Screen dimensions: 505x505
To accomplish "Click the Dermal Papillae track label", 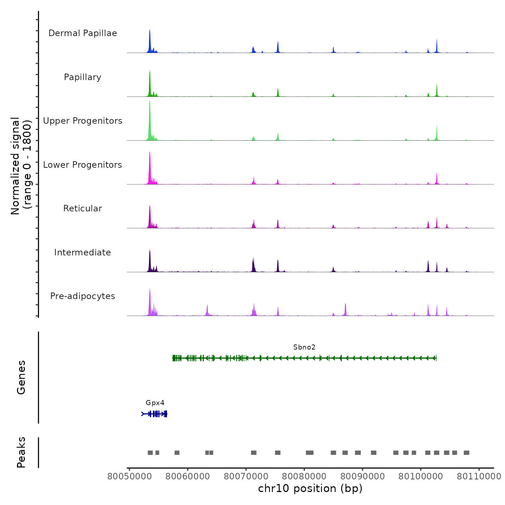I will [83, 33].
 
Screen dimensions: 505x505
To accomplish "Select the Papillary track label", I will [83, 77].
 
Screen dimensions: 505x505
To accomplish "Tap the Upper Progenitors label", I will [83, 121].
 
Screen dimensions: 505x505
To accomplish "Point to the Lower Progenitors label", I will [83, 165].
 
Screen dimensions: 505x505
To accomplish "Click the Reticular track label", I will [83, 208].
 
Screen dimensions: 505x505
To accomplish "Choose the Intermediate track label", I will [83, 252].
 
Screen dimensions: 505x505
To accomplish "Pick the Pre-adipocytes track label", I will [83, 296].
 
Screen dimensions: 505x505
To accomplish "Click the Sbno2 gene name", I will [304, 347].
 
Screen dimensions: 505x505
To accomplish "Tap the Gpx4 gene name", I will [155, 403].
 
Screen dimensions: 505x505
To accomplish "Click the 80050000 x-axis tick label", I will [129, 477].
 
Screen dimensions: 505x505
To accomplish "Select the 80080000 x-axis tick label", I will [304, 477].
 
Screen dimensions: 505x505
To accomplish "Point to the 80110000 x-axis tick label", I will [479, 477].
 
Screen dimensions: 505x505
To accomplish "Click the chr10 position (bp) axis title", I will [310, 488].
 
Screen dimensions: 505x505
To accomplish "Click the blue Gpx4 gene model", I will [154, 414].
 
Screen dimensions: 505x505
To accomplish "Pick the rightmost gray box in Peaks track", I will [466, 453].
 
